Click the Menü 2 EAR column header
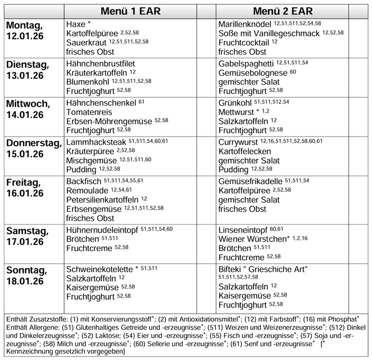point(282,11)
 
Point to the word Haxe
point(75,24)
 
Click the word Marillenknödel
point(244,24)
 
